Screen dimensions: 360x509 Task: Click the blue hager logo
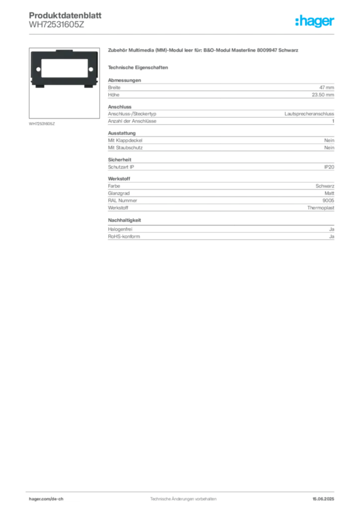pyautogui.click(x=315, y=21)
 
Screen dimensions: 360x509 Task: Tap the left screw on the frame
pyautogui.click(x=37, y=69)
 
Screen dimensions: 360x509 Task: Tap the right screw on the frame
pyautogui.click(x=90, y=69)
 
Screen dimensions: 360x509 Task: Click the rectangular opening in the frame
pyautogui.click(x=64, y=68)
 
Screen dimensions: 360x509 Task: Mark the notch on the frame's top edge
pyautogui.click(x=64, y=51)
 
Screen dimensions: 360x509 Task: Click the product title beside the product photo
pyautogui.click(x=204, y=51)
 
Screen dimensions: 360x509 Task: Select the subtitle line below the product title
pyautogui.click(x=139, y=67)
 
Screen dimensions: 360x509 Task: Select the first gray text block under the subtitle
pyautogui.click(x=221, y=89)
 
